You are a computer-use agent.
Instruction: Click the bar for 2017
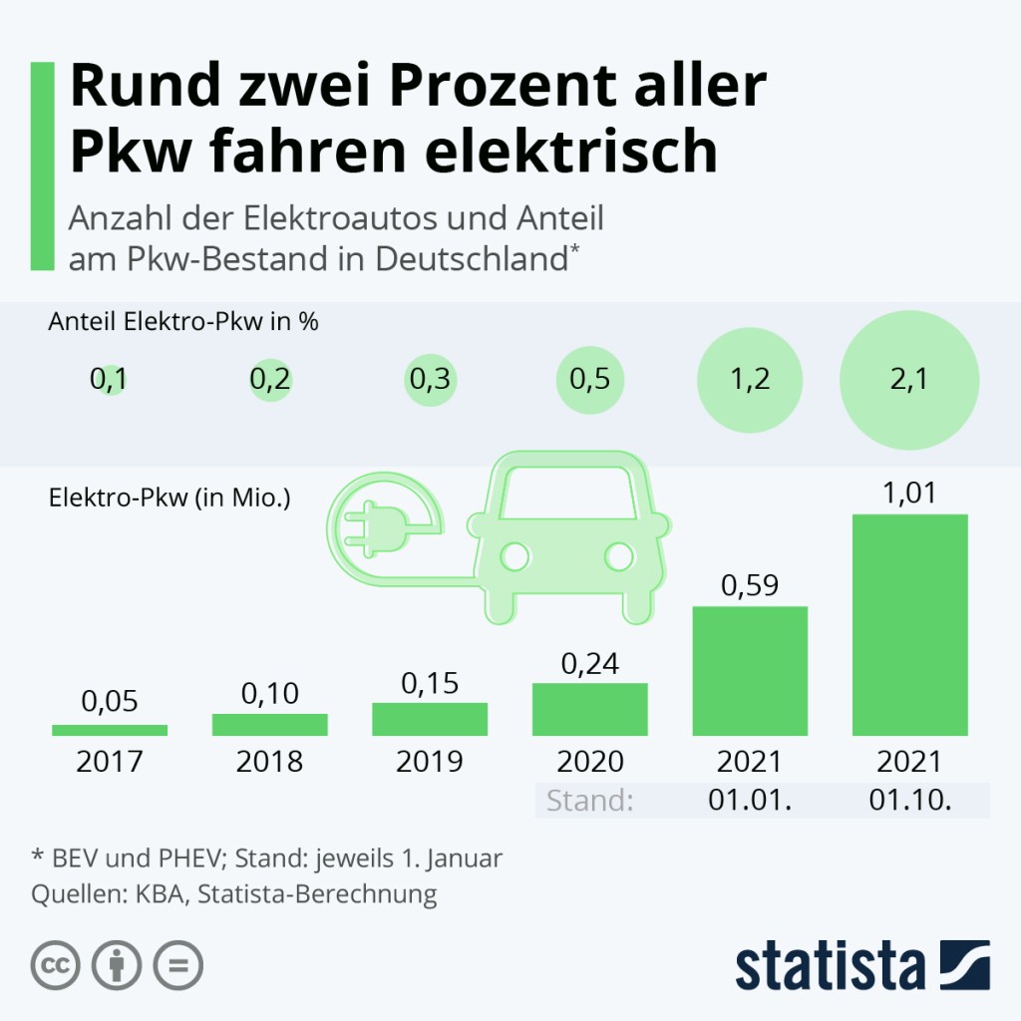(110, 730)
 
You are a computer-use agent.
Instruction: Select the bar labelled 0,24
(589, 709)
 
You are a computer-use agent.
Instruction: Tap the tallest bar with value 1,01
(909, 625)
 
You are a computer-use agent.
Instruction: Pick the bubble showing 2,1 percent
(909, 380)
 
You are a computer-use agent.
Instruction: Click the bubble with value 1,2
(749, 380)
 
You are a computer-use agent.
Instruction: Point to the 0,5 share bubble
(589, 380)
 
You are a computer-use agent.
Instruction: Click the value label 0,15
(430, 683)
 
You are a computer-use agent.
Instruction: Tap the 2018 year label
(269, 762)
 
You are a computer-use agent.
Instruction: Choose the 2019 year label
(430, 762)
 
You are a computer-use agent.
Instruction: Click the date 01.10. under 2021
(909, 801)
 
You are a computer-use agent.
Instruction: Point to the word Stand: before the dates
(590, 801)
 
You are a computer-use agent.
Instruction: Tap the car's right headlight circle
(619, 556)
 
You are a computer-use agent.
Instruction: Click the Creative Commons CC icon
(56, 965)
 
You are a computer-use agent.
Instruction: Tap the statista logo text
(832, 967)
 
